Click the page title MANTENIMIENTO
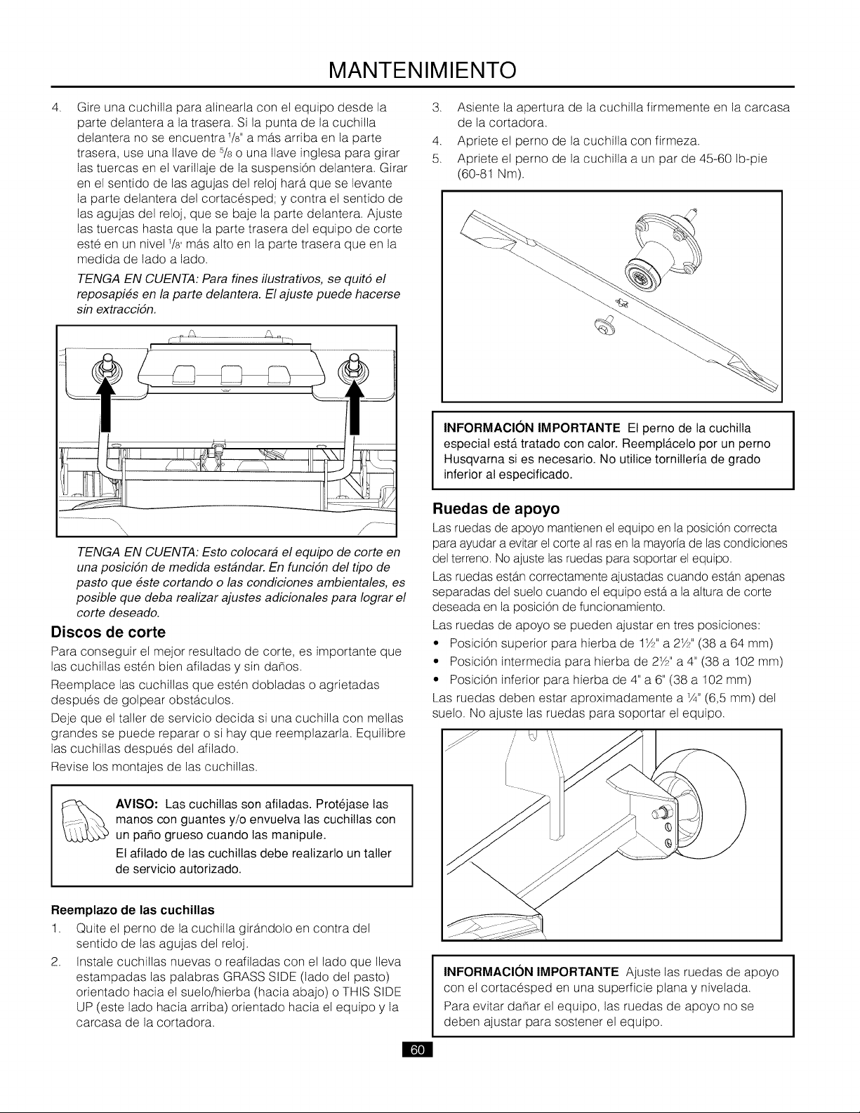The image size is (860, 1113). tap(423, 70)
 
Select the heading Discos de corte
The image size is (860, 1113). tap(109, 632)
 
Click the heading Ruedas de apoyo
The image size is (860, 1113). tap(496, 508)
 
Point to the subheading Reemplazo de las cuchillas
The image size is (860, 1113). tap(133, 909)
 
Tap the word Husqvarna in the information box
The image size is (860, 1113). tap(470, 459)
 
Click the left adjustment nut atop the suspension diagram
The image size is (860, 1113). tap(107, 364)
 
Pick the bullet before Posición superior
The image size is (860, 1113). tap(437, 643)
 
